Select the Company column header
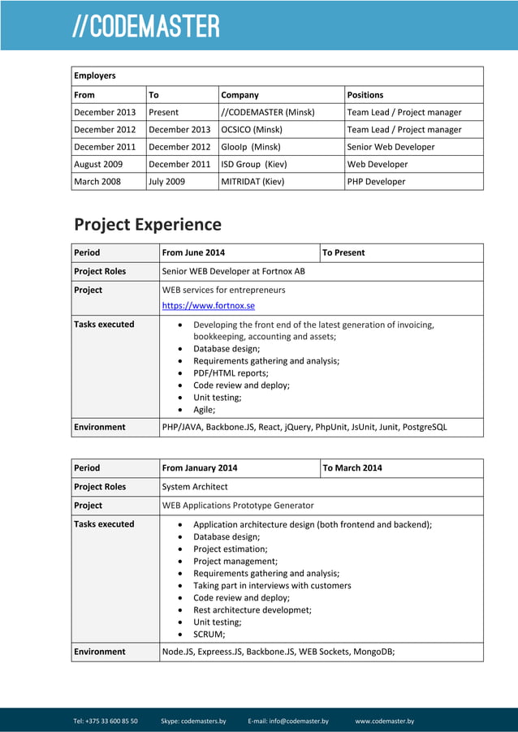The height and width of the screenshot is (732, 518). tap(240, 95)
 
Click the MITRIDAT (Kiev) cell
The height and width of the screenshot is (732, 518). tap(253, 182)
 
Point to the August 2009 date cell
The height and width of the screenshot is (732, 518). tap(98, 164)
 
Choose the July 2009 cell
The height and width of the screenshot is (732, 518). tap(166, 182)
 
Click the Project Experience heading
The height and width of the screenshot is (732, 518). tap(148, 224)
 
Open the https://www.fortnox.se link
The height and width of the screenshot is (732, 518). tap(209, 306)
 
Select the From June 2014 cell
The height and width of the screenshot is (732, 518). tap(194, 252)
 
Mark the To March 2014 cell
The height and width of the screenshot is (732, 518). tap(352, 467)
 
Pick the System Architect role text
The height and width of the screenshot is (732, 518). tap(195, 487)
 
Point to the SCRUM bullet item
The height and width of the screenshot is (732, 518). tap(209, 635)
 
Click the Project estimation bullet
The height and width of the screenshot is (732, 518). tap(230, 549)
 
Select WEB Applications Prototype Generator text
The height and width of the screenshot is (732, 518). tap(238, 506)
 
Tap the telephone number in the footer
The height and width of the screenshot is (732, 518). tap(106, 721)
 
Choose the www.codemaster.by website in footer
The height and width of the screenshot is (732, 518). tap(385, 721)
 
